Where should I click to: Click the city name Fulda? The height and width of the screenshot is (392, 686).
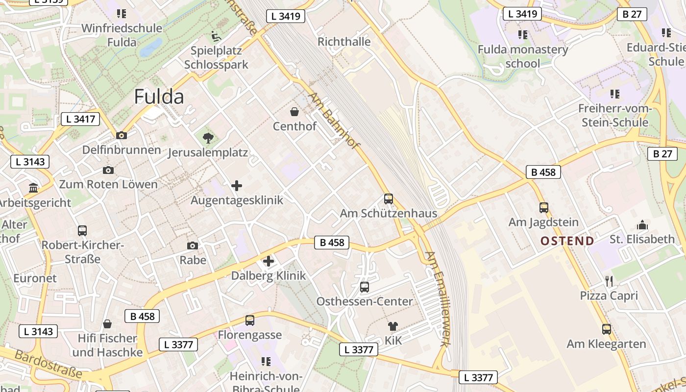159,97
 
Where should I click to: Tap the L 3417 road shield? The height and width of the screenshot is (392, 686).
80,119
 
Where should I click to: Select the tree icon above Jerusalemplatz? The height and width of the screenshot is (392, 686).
208,138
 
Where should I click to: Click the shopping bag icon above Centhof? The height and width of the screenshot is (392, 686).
294,112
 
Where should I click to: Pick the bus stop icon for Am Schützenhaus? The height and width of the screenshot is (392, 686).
389,199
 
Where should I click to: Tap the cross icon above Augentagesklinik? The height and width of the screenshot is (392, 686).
237,185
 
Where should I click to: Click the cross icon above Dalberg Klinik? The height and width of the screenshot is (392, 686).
268,261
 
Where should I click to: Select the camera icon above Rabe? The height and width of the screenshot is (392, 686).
193,245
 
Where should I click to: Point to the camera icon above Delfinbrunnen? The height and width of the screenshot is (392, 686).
121,135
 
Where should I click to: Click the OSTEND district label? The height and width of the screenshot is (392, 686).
567,241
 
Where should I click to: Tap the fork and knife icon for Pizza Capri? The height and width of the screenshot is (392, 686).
609,281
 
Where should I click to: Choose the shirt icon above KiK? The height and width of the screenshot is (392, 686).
393,326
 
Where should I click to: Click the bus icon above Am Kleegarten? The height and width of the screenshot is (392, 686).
607,329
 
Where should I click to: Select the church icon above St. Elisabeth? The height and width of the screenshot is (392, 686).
642,225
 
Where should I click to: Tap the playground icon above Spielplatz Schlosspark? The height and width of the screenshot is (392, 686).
216,36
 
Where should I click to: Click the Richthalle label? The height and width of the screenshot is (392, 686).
344,42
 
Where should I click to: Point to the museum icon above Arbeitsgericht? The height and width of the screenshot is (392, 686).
33,188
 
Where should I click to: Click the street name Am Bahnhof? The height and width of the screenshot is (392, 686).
335,121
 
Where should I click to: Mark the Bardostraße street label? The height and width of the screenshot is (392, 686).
48,364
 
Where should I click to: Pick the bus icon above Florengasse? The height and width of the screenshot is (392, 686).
250,320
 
